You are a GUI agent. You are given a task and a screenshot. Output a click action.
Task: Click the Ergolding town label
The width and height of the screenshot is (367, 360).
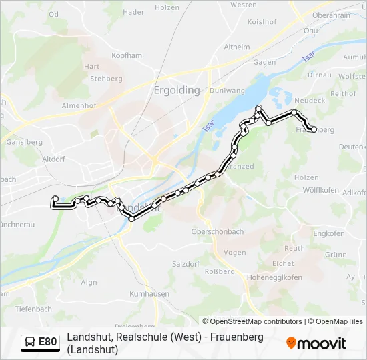[177, 90]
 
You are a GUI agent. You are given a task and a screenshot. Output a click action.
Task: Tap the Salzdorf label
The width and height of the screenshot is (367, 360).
[186, 264]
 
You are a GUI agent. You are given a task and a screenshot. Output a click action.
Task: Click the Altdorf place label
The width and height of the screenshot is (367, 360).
[54, 160]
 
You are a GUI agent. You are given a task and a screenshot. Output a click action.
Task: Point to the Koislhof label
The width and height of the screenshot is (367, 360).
[262, 21]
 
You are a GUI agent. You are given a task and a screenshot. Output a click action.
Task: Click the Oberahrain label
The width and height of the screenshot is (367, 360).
[332, 15]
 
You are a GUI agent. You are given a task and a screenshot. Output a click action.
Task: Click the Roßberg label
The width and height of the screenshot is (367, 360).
[220, 271]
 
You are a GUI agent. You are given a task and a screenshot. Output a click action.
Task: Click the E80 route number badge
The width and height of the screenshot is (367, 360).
[47, 342]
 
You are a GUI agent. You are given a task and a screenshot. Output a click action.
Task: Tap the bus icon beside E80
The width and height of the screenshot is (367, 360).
[30, 343]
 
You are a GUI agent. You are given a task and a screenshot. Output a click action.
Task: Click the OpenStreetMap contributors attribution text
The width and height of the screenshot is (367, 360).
[253, 321]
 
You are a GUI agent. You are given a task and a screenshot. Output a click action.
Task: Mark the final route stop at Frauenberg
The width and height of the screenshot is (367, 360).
[314, 129]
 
